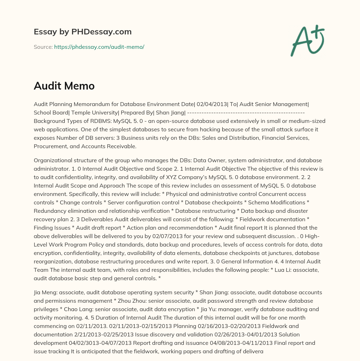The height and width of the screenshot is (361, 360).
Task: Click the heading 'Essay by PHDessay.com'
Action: click(83, 32)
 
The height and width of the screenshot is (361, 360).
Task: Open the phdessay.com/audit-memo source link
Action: click(99, 47)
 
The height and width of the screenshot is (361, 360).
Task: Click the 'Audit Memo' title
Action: click(64, 86)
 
